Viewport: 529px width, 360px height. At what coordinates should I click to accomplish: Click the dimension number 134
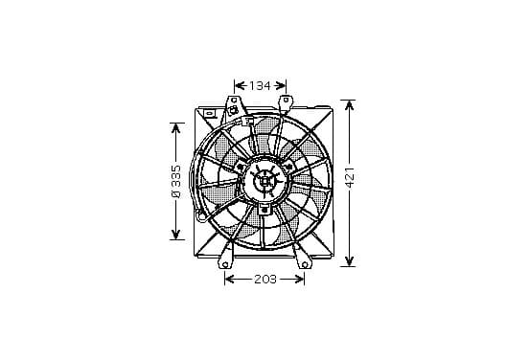tap(260, 86)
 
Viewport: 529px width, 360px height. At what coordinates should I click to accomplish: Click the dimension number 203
tap(265, 280)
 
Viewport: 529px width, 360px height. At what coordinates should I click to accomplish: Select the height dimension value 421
tap(350, 177)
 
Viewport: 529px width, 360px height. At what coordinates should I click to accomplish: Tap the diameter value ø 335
tap(176, 181)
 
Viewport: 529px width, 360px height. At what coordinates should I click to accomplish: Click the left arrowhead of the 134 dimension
tap(240, 85)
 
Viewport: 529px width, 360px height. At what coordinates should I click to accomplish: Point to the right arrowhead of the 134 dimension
tap(281, 85)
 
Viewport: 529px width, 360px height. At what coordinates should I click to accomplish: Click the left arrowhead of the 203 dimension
tap(230, 280)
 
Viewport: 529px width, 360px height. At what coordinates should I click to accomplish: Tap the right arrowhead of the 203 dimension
tap(300, 280)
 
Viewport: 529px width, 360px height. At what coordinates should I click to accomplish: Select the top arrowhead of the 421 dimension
tap(350, 105)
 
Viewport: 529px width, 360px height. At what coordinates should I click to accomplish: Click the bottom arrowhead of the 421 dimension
tap(350, 260)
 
